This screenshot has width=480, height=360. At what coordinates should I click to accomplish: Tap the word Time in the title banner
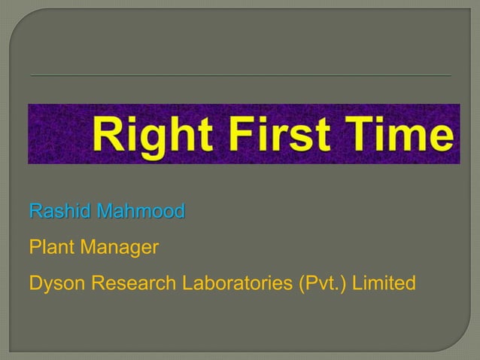click(399, 136)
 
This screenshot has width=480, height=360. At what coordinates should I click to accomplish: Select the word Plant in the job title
click(49, 247)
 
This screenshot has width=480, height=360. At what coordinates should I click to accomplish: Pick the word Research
click(130, 283)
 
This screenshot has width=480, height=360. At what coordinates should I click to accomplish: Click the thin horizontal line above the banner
click(240, 76)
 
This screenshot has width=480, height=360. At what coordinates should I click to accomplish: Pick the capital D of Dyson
click(35, 283)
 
